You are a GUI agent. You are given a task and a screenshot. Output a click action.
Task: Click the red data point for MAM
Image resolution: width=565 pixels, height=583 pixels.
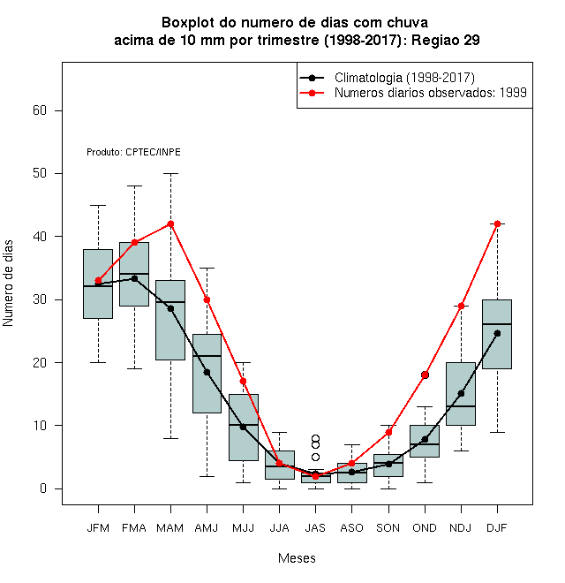170,223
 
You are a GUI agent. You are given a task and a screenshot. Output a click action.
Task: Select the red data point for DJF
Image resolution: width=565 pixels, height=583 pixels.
497,223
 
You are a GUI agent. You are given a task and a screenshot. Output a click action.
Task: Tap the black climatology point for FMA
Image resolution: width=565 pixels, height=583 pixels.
134,278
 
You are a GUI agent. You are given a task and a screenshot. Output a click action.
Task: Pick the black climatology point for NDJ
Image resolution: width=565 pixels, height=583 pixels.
462,393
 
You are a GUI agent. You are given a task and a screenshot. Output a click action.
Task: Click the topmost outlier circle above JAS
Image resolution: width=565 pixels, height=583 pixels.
315,438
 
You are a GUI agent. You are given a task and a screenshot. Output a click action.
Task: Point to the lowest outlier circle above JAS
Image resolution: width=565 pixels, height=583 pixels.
315,457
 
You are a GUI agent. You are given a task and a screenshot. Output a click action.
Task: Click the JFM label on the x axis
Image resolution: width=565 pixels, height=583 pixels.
98,528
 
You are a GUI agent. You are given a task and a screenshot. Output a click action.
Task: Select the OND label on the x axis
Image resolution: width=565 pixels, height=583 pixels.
425,528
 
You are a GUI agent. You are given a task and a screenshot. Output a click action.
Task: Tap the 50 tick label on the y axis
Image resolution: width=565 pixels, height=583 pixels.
40,173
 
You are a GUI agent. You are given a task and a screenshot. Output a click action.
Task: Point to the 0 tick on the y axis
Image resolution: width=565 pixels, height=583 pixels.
43,488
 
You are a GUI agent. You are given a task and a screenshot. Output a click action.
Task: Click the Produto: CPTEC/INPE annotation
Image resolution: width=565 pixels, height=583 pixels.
133,152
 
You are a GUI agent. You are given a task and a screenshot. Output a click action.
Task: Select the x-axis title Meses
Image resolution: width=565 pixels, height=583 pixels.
297,558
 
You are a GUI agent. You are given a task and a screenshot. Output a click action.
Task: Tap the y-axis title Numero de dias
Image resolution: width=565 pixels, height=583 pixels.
8,284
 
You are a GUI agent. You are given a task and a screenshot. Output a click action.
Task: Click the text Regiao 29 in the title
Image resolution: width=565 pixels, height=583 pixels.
446,40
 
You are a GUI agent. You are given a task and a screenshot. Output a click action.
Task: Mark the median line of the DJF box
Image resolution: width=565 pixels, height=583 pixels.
497,324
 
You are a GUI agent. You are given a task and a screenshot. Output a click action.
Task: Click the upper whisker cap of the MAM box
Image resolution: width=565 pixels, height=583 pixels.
170,173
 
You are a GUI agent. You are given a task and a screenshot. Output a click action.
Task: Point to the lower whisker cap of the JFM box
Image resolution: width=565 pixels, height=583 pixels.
98,362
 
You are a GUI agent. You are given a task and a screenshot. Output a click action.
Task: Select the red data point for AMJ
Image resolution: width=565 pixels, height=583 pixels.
207,299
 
